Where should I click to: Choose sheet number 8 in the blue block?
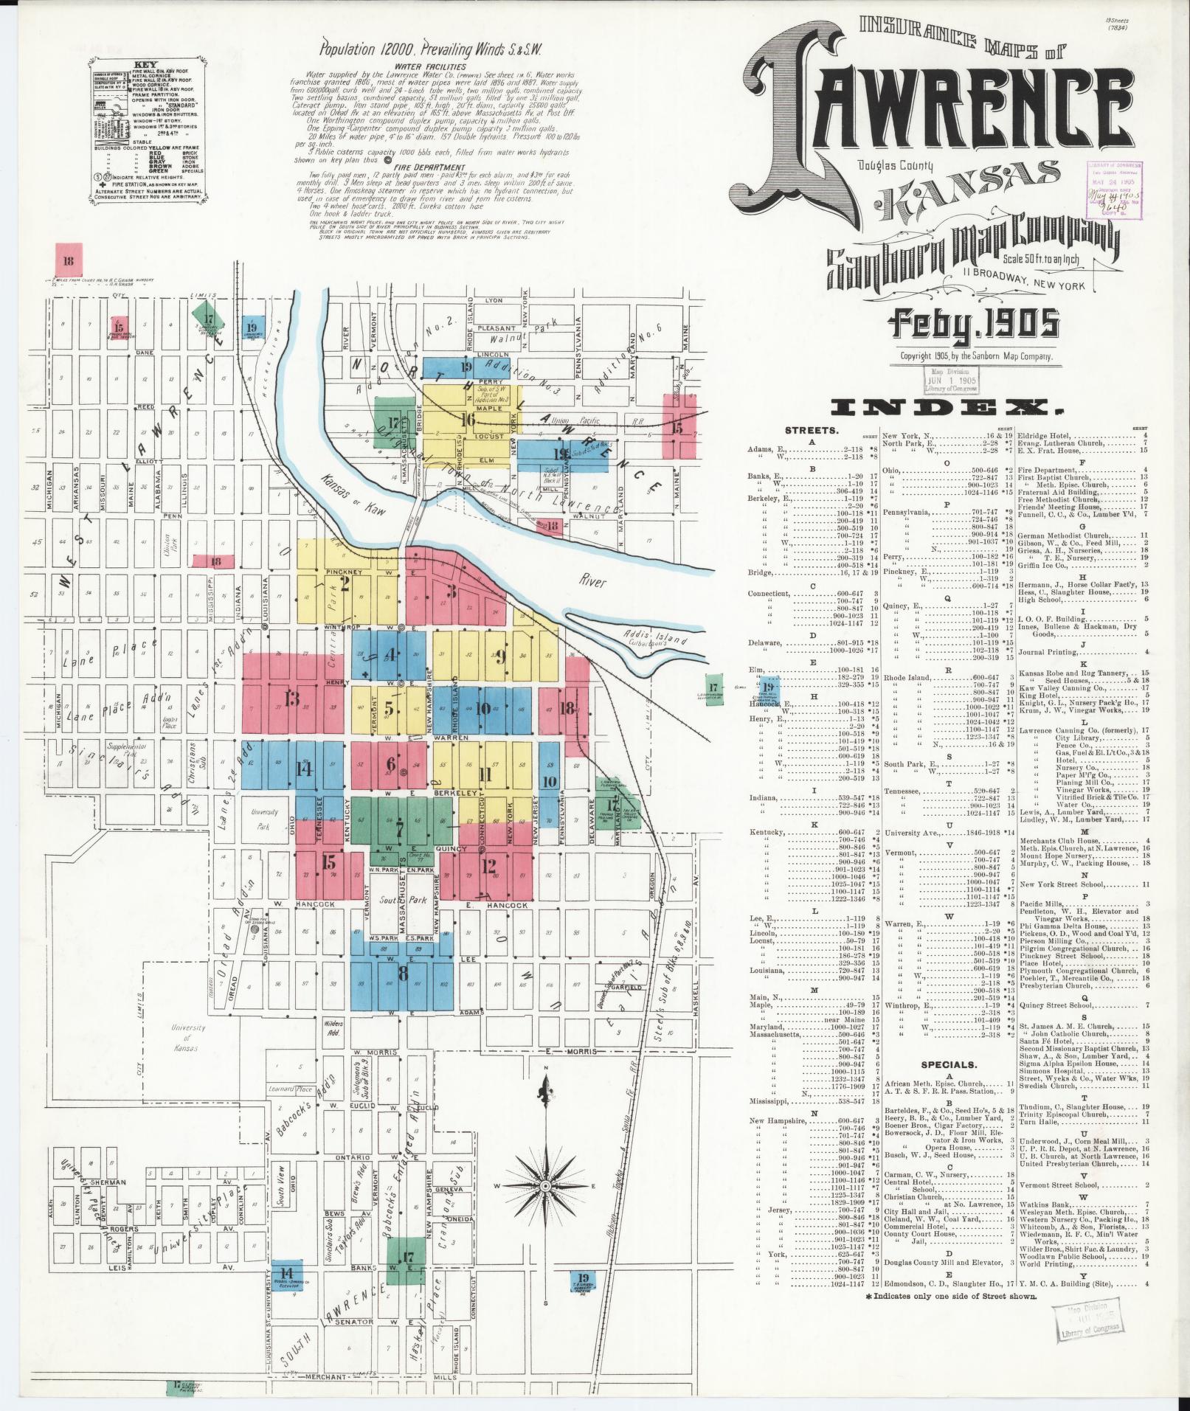403,973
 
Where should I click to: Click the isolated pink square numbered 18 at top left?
69,260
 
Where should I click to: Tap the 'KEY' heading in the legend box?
146,64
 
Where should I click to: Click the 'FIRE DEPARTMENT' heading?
423,167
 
